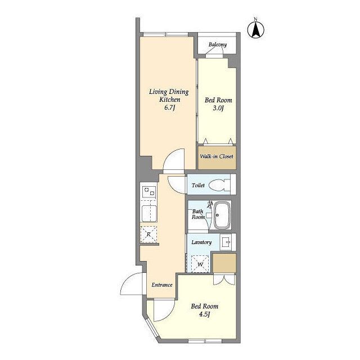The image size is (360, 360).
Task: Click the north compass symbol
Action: pos(256,29)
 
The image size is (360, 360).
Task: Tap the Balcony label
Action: pos(218,44)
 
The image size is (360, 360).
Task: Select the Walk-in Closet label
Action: pos(217,156)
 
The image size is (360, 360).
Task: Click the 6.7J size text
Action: pos(170,107)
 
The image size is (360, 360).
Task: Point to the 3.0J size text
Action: pos(218,108)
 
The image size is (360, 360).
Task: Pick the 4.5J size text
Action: pos(204,314)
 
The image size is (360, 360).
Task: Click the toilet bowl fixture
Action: pos(220,185)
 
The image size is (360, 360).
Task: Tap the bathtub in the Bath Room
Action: pos(222,215)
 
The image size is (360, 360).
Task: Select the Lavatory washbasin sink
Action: pos(226,242)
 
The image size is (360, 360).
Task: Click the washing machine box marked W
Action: pos(200,264)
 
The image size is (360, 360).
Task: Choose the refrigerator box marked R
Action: pos(148,234)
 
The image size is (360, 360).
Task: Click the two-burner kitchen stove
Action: pos(148,192)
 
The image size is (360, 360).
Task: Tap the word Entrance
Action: pos(162,285)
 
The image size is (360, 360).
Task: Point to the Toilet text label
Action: pos(198,185)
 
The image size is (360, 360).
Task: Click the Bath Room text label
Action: pos(198,214)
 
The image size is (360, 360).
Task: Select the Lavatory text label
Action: pos(201,242)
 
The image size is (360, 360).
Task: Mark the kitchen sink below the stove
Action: pos(149,214)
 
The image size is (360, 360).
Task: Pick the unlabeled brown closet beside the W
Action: pos(224,263)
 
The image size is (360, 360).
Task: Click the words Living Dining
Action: pos(169,92)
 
